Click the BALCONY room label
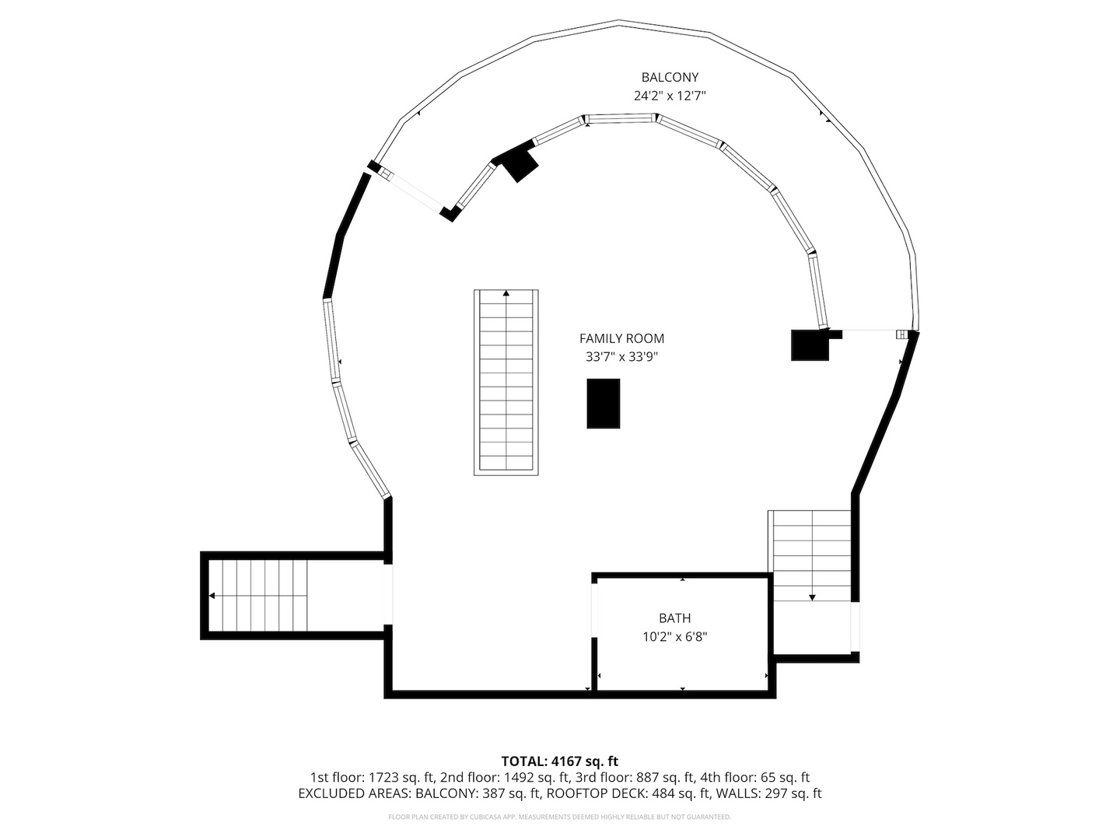(x=670, y=77)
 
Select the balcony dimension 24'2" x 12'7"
(x=670, y=96)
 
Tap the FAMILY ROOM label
(x=621, y=338)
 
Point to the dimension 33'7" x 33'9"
(x=621, y=357)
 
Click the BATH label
(x=674, y=618)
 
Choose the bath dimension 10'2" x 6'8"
(x=674, y=637)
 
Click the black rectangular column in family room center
(x=603, y=403)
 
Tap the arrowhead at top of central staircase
(x=506, y=294)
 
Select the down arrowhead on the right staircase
(x=812, y=597)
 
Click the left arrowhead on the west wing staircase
(x=212, y=597)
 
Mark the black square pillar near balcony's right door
(x=810, y=345)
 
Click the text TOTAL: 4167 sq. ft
(x=559, y=761)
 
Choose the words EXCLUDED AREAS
(x=354, y=793)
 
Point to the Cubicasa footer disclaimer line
(x=559, y=817)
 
